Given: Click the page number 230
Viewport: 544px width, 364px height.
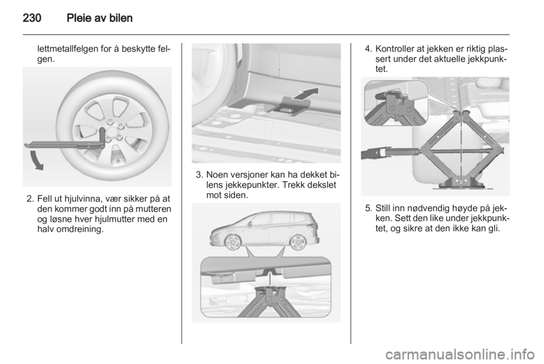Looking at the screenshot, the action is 32,18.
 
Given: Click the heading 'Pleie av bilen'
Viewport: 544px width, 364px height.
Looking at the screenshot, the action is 100,18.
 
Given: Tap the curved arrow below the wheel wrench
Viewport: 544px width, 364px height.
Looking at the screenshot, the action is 36,160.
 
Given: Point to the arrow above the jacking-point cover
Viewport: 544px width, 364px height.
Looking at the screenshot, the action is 305,94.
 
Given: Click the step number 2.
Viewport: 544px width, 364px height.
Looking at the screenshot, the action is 30,199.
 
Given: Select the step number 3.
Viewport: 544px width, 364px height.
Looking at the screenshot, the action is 199,175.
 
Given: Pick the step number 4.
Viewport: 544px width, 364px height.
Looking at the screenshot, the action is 368,49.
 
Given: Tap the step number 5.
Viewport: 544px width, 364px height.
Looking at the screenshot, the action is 368,208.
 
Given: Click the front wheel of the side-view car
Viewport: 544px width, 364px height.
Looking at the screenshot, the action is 233,242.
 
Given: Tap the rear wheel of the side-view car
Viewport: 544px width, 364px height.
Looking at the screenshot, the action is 297,242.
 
